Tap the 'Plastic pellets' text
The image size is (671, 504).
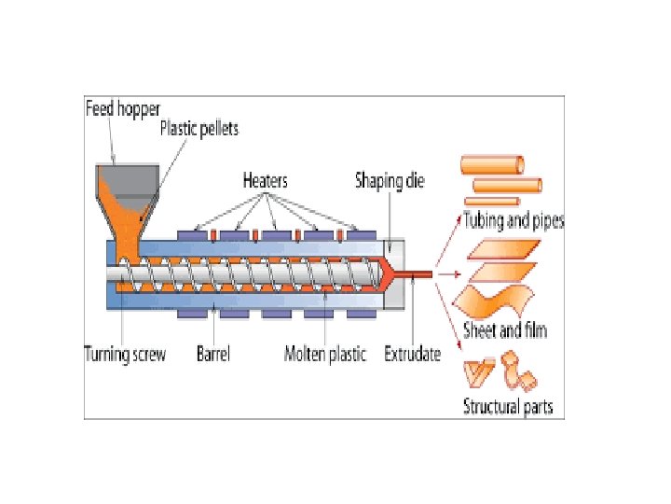coord(199,128)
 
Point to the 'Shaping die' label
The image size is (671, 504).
coord(389,180)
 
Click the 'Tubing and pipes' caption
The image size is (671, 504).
coord(513,222)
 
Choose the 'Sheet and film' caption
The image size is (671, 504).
coord(504,329)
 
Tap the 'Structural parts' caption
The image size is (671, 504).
coord(508,406)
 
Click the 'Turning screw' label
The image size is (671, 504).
coord(126,354)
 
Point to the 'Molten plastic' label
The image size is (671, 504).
coord(325,354)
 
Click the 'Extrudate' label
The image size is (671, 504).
coord(412,354)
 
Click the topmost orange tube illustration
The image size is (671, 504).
coord(492,165)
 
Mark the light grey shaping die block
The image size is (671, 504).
coord(396,289)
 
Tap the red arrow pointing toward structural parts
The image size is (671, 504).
coord(453,314)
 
